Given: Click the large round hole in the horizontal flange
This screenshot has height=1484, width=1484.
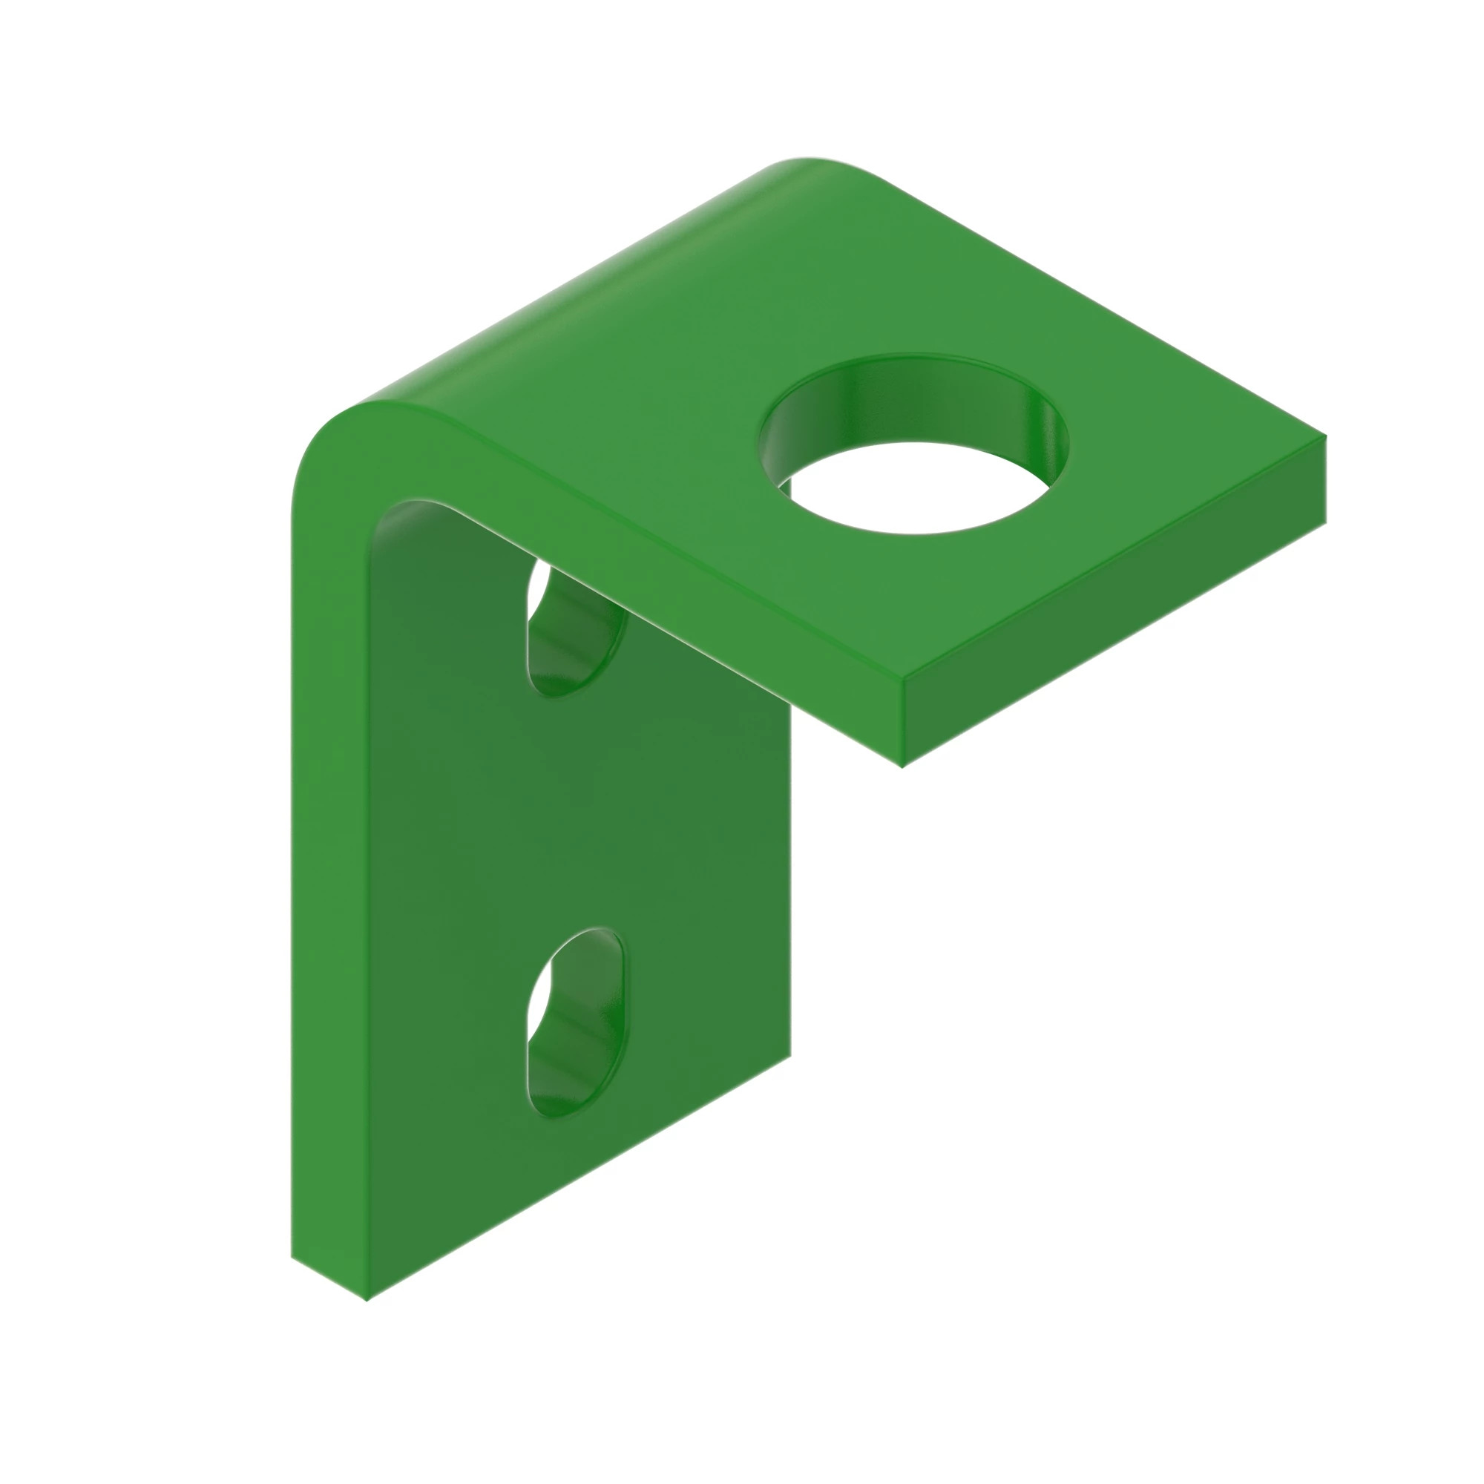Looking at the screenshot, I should (914, 461).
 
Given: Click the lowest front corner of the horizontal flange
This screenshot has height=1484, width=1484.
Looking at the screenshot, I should (903, 766).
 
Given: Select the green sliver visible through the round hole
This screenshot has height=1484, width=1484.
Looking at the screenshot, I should (784, 485).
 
